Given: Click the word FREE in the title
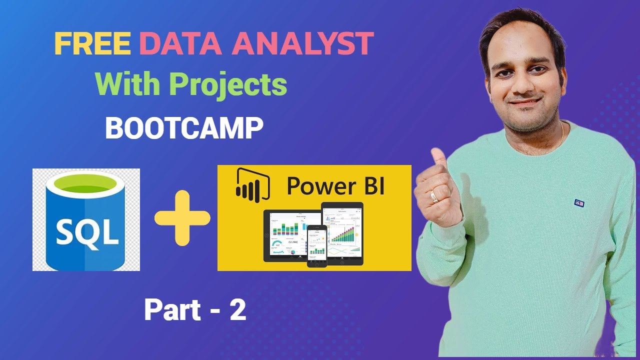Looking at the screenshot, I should click(x=92, y=44).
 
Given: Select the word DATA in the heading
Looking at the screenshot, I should click(x=180, y=44).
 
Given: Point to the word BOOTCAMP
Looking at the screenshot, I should click(x=184, y=128).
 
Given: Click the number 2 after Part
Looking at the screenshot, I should click(x=238, y=310).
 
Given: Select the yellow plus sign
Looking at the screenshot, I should click(x=182, y=218).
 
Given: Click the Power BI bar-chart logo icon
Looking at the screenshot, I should click(x=252, y=185).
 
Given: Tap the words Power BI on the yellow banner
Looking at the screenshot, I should click(x=335, y=186).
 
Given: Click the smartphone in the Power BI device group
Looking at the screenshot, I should click(x=316, y=245).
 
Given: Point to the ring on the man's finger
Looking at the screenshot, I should click(x=435, y=197).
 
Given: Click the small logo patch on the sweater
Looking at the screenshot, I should click(x=579, y=203).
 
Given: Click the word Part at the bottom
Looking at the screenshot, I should click(x=167, y=310).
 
